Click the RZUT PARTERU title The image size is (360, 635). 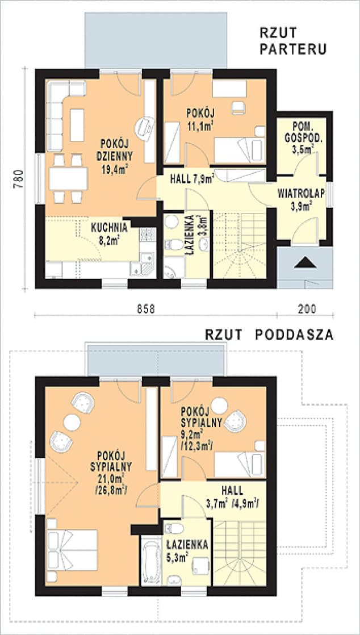coord(293,41)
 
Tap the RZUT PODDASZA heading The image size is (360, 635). coord(269,335)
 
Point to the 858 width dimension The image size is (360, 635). coord(145,308)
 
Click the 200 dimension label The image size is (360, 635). coord(306,308)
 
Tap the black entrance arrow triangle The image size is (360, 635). coord(305,263)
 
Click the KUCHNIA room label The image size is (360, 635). coord(110,227)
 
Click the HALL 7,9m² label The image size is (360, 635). coord(191,178)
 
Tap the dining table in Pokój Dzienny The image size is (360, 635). coord(69,178)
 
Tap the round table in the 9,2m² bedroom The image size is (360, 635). coord(220,406)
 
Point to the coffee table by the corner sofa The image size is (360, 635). coord(77,125)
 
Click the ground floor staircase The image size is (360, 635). coord(239,246)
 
